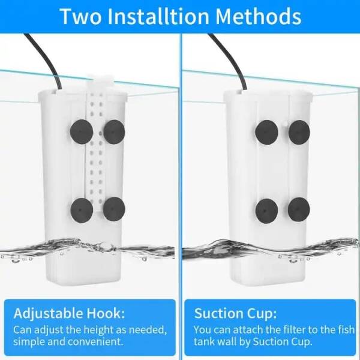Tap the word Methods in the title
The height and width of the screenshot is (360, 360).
(259, 17)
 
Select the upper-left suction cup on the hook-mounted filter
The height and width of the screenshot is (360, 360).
(81, 132)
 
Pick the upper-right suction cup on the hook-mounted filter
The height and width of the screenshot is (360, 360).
(114, 132)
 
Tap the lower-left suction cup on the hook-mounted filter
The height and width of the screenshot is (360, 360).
(82, 211)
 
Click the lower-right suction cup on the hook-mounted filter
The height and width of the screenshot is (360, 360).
(114, 209)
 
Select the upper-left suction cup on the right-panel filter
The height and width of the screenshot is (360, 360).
(266, 132)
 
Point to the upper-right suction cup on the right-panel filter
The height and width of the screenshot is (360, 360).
(299, 133)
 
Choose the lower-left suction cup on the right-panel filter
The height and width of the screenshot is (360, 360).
(266, 211)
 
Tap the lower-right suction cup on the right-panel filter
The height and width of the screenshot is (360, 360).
(299, 210)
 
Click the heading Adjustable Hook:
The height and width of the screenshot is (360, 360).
(69, 314)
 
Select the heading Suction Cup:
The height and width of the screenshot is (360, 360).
(235, 313)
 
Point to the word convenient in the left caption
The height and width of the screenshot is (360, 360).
(94, 342)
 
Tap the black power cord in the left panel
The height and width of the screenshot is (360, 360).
(46, 59)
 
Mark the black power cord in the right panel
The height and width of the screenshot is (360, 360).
(231, 59)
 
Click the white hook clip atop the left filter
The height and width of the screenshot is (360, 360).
(100, 81)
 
